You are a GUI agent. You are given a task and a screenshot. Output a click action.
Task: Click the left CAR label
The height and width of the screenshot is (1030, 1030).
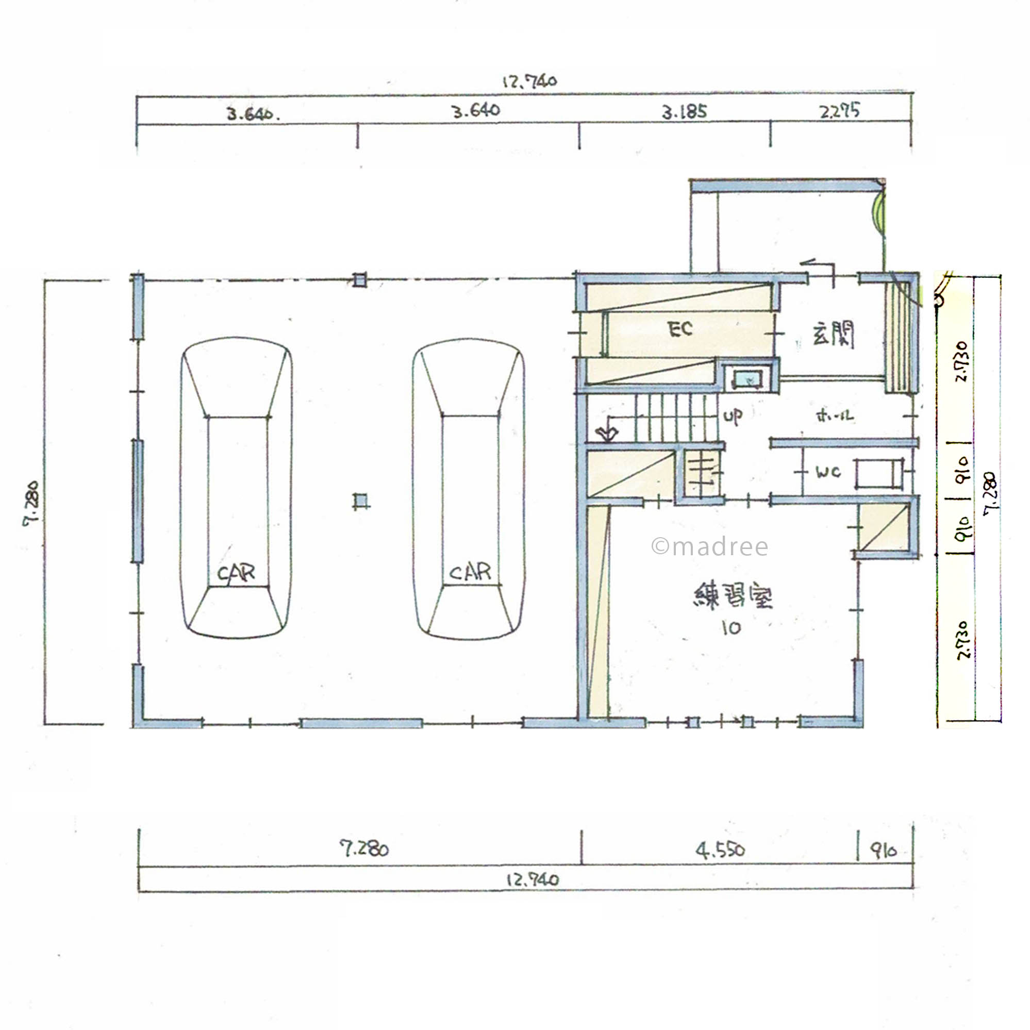(236, 573)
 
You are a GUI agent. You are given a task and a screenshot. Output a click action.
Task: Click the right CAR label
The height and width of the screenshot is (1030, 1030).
(470, 572)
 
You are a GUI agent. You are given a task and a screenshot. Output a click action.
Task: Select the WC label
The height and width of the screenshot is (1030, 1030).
(828, 472)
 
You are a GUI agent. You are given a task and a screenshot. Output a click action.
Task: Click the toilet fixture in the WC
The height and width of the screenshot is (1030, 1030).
(878, 473)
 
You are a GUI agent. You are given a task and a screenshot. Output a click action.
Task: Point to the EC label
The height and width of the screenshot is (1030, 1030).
(680, 329)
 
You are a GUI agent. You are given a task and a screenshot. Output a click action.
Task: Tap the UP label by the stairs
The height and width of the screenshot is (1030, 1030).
(733, 416)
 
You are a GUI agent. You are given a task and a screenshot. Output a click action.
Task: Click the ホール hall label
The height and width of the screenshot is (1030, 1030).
(835, 417)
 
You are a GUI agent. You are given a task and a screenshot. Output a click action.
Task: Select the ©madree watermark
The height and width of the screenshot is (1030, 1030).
(709, 546)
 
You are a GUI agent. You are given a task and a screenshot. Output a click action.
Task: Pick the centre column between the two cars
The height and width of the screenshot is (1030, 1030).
(361, 501)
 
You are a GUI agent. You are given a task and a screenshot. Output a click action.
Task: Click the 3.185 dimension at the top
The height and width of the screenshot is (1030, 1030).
(684, 112)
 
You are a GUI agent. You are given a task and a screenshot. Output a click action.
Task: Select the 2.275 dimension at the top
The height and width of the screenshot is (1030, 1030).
(839, 111)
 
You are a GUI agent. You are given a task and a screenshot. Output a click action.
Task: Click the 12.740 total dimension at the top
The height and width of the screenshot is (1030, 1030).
(529, 81)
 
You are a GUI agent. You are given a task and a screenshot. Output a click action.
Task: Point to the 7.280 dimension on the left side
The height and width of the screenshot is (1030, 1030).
(31, 504)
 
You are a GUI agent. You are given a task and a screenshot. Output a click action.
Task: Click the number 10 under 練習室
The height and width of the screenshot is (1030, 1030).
(732, 628)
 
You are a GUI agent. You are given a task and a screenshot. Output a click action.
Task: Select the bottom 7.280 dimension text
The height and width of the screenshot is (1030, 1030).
(364, 848)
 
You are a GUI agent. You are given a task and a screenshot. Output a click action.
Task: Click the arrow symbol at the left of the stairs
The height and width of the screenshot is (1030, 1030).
(607, 434)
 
